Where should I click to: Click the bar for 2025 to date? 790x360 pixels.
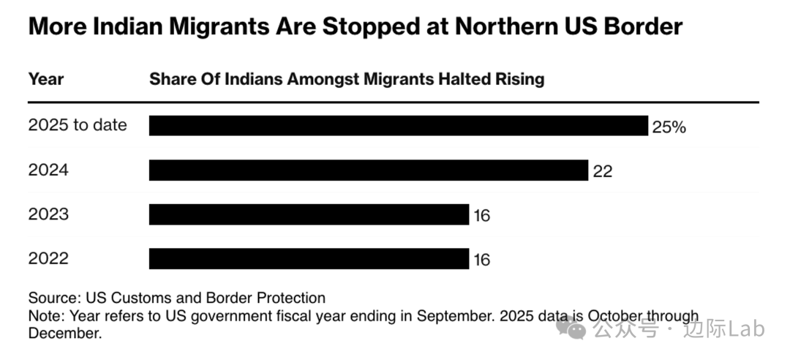coord(399,126)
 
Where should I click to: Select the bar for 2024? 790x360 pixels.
coord(369,170)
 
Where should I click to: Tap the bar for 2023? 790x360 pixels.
coord(309,215)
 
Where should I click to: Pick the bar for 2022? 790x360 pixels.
coord(309,259)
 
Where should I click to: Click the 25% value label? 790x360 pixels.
coord(669,127)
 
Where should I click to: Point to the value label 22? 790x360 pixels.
coord(603,171)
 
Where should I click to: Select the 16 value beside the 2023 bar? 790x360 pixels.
coord(481,216)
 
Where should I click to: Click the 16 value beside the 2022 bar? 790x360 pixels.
coord(481,260)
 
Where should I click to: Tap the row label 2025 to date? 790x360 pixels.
coord(78,125)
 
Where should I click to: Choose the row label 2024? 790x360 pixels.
coord(48,170)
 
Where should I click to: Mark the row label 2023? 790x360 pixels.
coord(48,215)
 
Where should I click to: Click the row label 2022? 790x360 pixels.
coord(48,259)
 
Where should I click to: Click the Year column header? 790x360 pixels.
coord(46,79)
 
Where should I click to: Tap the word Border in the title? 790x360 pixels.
coord(636,27)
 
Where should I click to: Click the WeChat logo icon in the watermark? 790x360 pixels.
coord(571,329)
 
